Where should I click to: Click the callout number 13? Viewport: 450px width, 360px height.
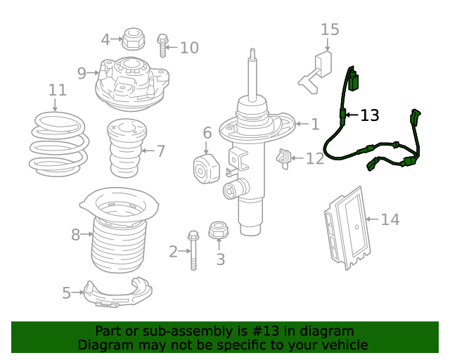[370, 115]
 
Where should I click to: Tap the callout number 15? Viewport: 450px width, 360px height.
[330, 30]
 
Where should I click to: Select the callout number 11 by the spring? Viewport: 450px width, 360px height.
[57, 90]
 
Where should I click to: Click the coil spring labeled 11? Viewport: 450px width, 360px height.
[60, 144]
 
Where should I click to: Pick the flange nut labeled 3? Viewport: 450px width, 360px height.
[219, 230]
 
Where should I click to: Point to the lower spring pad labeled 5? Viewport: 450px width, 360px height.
[117, 293]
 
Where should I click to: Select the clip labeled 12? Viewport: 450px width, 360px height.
[285, 158]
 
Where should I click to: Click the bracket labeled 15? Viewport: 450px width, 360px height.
[317, 70]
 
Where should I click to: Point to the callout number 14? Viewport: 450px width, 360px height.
[390, 220]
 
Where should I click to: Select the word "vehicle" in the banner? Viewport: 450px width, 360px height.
[341, 345]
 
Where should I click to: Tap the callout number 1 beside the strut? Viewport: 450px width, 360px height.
[315, 124]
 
